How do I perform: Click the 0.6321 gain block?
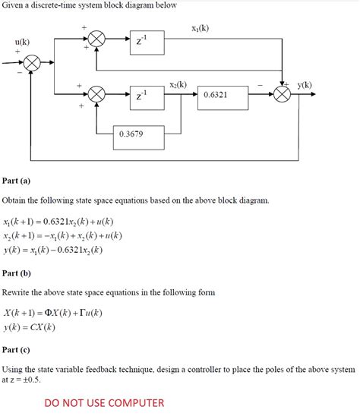221,96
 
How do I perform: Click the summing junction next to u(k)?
32,66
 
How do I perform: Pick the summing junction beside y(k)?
283,95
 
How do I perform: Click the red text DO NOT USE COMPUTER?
104,403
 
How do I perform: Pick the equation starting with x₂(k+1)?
62,235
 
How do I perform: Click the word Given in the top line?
15,5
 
